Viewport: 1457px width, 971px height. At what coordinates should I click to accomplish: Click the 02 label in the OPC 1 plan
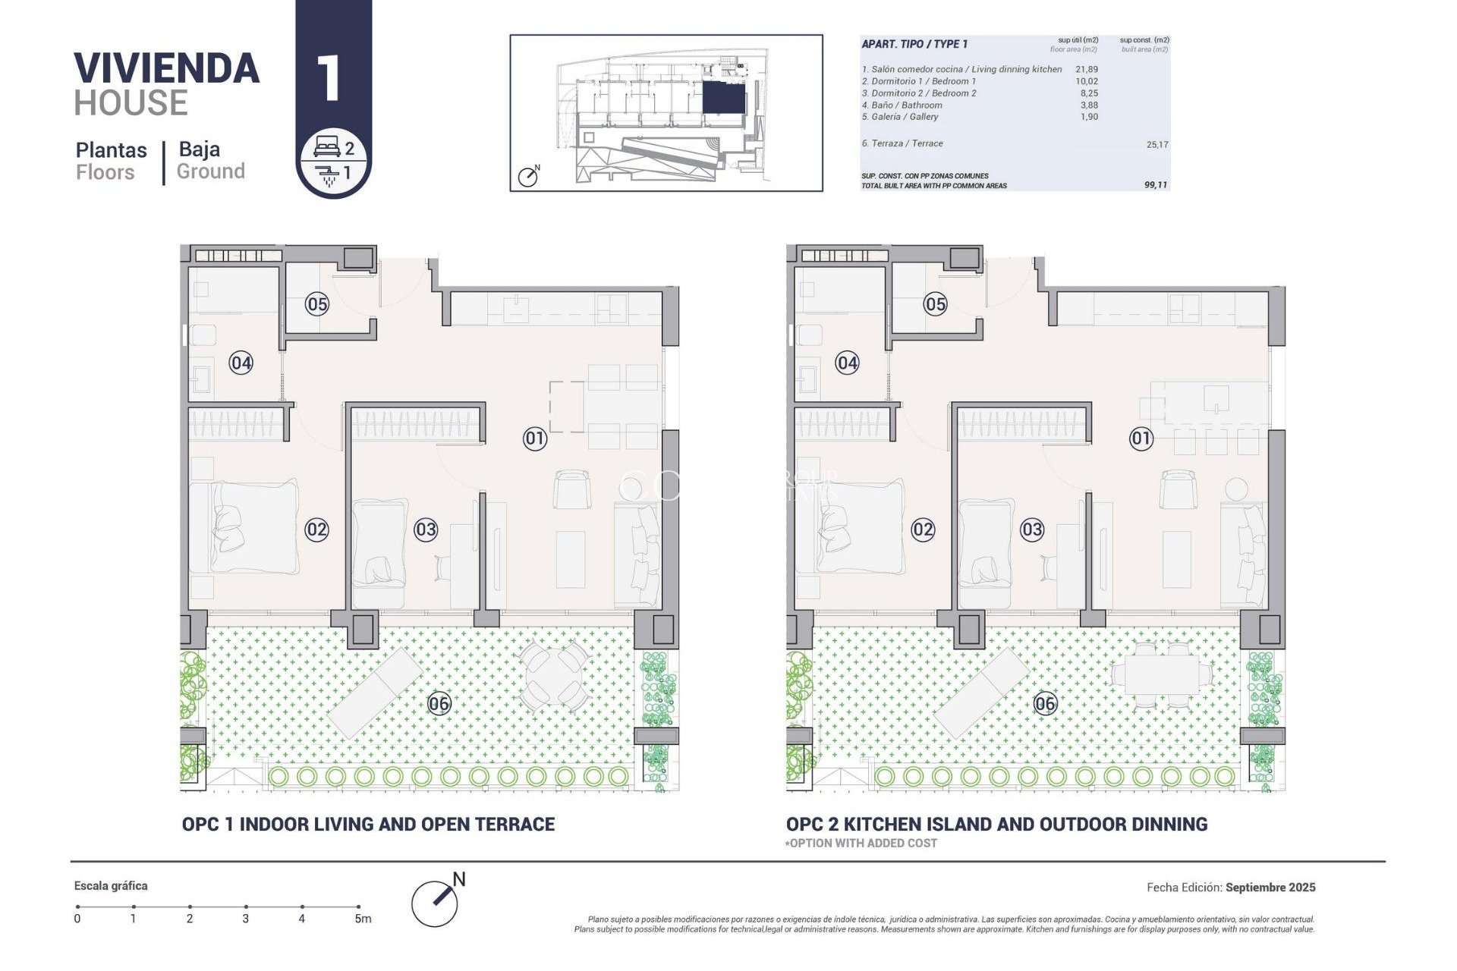coord(316,529)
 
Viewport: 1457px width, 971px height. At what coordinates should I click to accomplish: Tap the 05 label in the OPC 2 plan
coord(935,304)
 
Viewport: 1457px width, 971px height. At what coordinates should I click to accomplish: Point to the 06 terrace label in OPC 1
coord(439,704)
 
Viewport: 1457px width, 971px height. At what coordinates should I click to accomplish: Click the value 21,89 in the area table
coord(1086,69)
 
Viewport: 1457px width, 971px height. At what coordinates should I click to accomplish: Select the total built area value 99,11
coord(1155,185)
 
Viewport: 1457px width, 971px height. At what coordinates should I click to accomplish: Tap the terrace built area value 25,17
coord(1156,144)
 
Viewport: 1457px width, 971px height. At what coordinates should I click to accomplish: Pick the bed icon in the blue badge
coord(326,147)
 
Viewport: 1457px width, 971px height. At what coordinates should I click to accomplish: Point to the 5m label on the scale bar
coord(363,919)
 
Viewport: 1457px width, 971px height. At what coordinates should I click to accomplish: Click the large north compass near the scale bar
coord(436,902)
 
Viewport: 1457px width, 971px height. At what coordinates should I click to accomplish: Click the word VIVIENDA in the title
coord(167,69)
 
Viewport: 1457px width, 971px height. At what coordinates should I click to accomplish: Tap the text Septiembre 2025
coord(1270,887)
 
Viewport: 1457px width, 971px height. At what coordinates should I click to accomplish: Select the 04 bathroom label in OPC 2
coord(847,363)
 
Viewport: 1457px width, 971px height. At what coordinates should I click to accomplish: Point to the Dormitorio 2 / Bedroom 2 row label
coord(919,93)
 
